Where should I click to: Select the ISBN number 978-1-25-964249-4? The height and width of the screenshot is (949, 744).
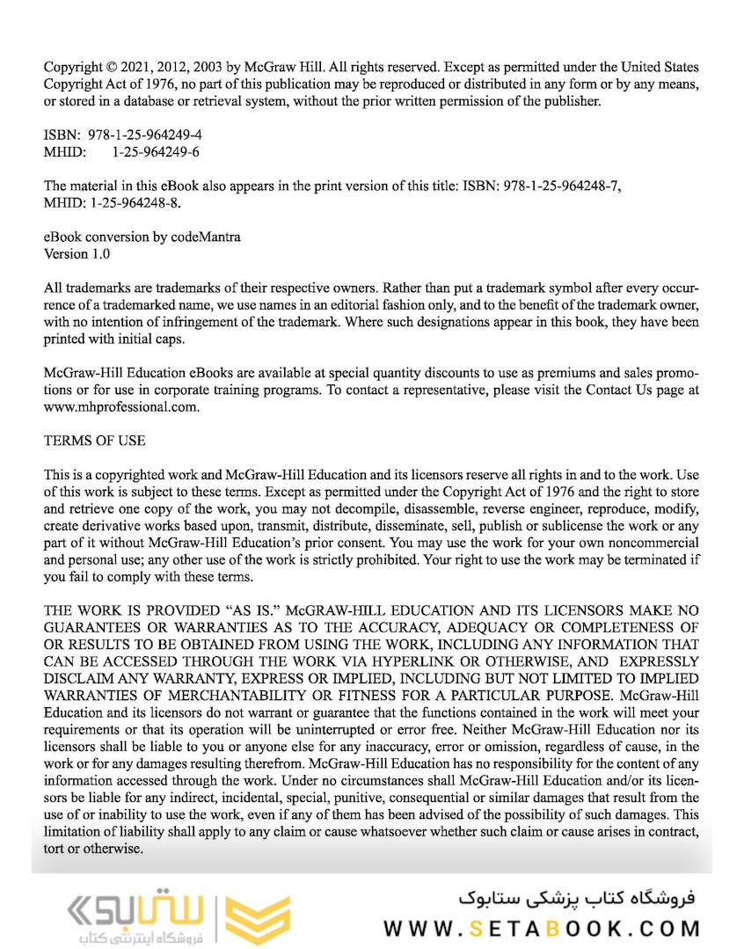pos(144,135)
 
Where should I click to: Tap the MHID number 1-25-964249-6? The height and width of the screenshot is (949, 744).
pos(155,152)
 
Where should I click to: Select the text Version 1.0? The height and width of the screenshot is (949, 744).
pos(77,254)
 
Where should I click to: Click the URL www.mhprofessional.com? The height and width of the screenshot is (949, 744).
pos(121,407)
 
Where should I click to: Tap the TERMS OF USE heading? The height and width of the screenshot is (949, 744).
pos(95,440)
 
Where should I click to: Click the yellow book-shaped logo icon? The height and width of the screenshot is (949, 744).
pos(257,920)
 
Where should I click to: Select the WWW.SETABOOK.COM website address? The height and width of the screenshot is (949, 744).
pos(542,928)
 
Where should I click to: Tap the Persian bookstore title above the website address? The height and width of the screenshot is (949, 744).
pos(577,898)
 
